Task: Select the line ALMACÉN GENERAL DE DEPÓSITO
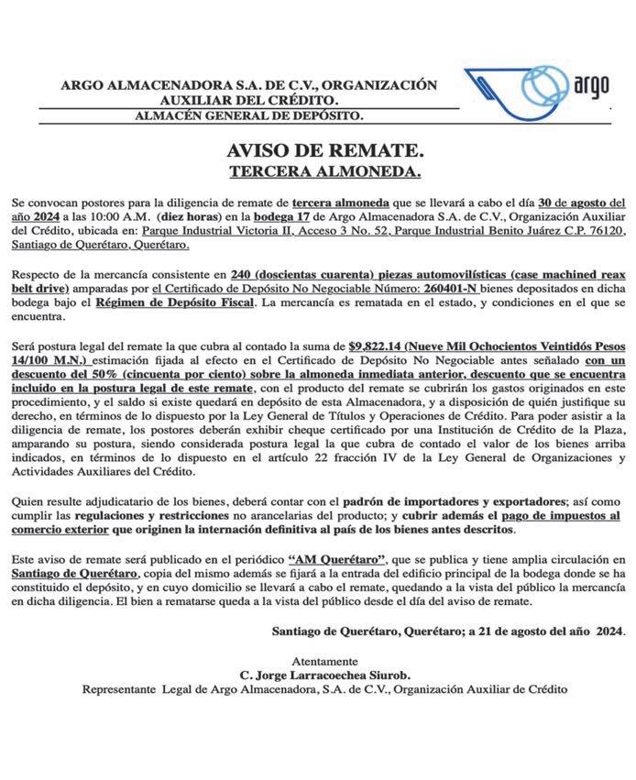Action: (x=248, y=115)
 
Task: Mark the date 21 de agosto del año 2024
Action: (x=544, y=632)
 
